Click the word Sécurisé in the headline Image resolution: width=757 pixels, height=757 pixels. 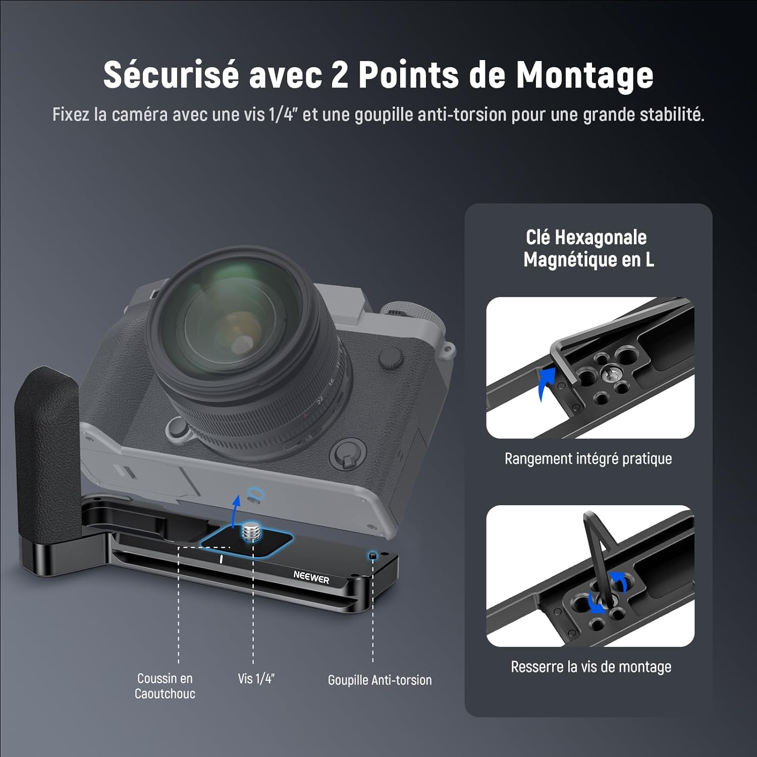coord(171,75)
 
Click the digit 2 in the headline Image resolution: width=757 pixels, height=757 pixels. coord(340,75)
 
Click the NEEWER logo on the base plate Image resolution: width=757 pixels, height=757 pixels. coord(311,578)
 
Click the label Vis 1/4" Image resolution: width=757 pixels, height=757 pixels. coord(256,679)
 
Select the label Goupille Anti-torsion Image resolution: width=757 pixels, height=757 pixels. coord(380,680)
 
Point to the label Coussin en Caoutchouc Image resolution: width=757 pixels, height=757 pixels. coord(165,686)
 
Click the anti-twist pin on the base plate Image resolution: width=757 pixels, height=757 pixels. coord(372,555)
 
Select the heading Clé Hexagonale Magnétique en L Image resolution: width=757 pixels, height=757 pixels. coord(588,248)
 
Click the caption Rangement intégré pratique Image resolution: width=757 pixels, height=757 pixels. coord(588,459)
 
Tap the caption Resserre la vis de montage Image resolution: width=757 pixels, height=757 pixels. coord(591,667)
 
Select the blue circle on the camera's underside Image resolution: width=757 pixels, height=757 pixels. coord(255,493)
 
